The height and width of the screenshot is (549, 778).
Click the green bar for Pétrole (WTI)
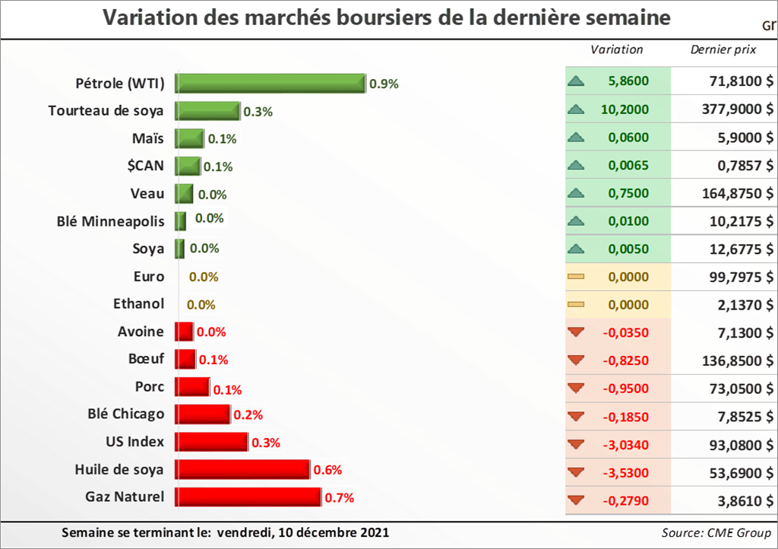270,83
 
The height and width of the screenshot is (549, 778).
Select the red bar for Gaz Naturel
248,497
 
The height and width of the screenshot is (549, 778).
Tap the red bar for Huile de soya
242,470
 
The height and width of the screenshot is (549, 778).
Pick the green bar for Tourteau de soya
207,111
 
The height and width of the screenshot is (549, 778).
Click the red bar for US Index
211,442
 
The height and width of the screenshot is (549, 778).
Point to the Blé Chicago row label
126,414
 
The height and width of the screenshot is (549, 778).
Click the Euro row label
149,276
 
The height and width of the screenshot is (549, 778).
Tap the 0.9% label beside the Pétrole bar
384,84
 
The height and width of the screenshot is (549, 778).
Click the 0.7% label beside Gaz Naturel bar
340,499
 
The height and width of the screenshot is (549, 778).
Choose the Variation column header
617,50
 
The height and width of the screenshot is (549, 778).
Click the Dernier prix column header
723,50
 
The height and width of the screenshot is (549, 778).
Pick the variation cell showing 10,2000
625,109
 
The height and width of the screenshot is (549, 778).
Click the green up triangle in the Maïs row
576,137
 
